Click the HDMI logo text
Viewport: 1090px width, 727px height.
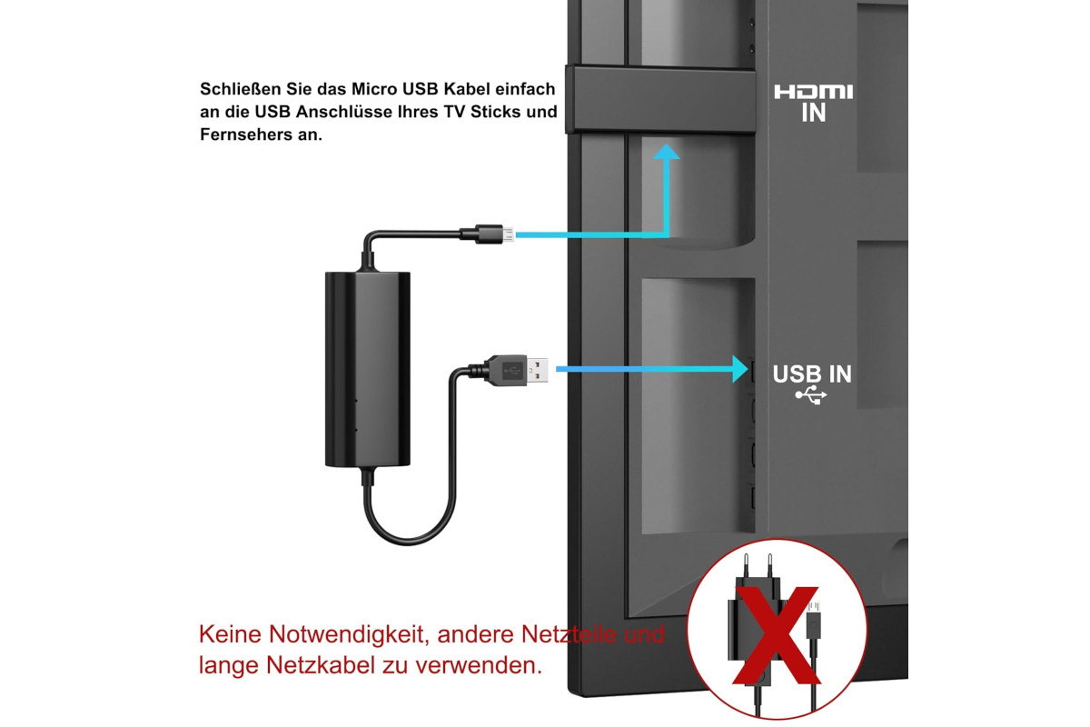813,92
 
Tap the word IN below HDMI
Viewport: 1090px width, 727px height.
814,113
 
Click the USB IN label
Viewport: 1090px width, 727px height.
812,374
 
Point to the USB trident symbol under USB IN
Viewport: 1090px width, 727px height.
810,395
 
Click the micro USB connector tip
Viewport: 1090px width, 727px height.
508,234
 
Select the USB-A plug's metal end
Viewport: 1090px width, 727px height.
537,370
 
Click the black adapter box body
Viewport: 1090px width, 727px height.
367,369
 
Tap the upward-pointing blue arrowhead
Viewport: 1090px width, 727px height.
666,152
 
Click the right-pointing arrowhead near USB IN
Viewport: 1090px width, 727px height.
740,369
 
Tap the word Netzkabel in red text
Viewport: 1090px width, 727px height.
322,665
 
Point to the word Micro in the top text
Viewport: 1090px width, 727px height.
374,89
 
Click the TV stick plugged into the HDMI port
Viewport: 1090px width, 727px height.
661,100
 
